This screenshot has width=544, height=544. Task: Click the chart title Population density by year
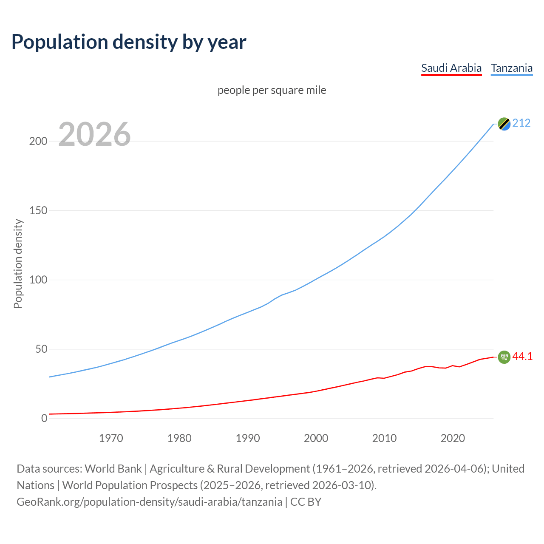pos(129,42)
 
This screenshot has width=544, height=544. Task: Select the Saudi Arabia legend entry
pos(451,68)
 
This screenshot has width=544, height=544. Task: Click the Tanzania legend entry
pos(511,68)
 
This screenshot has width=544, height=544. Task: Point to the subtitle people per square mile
pos(272,90)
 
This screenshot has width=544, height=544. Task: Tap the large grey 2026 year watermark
pos(94,134)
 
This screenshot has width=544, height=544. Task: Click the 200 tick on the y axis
pos(38,141)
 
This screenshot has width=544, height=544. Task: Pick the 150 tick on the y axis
pos(38,210)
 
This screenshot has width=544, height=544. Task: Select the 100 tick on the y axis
pos(38,280)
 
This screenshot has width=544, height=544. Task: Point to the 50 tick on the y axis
pos(41,349)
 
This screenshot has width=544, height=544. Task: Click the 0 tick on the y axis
pos(44,418)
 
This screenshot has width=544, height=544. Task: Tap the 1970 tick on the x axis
pos(111,438)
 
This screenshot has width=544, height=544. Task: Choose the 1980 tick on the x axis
pos(179,438)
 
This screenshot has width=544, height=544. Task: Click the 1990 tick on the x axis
pos(248,438)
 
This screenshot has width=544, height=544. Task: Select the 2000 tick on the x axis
pos(316,438)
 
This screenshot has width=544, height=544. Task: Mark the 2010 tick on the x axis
pos(384,438)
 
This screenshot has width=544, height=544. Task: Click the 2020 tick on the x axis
pos(453,438)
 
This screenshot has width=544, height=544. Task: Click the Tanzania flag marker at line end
pos(504,124)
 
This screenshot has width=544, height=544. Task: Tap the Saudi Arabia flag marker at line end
pos(504,357)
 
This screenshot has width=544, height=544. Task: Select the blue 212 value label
pos(521,123)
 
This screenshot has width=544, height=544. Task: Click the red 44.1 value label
pos(522,357)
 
